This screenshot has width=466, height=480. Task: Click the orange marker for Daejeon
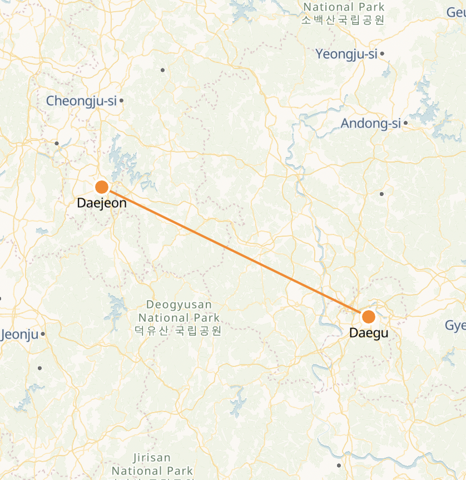pyautogui.click(x=102, y=187)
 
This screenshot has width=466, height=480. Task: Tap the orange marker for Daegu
pyautogui.click(x=368, y=317)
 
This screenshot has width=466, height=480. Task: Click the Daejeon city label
pyautogui.click(x=102, y=203)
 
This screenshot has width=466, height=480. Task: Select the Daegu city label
pyautogui.click(x=368, y=332)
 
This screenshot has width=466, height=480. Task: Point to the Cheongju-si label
pyautogui.click(x=81, y=101)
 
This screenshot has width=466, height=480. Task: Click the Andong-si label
pyautogui.click(x=370, y=124)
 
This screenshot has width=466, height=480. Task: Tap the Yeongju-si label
pyautogui.click(x=346, y=54)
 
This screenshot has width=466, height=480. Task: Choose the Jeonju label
pyautogui.click(x=21, y=334)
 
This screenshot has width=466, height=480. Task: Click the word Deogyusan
pyautogui.click(x=179, y=305)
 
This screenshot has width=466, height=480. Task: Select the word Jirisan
pyautogui.click(x=152, y=458)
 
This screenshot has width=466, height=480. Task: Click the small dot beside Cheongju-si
pyautogui.click(x=121, y=101)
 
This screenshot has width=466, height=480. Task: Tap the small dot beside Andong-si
pyautogui.click(x=406, y=123)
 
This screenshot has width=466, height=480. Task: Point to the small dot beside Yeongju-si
pyautogui.click(x=382, y=54)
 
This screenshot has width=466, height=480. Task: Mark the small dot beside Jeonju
pyautogui.click(x=43, y=334)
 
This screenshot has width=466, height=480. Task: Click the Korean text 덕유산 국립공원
pyautogui.click(x=178, y=331)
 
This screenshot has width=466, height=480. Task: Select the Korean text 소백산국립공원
pyautogui.click(x=343, y=20)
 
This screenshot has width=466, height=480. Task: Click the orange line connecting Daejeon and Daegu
pyautogui.click(x=234, y=251)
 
